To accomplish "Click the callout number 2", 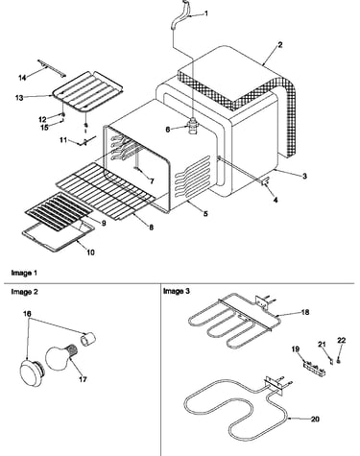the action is click(x=279, y=45).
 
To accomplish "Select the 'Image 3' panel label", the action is click(x=177, y=291).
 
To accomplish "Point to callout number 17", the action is click(x=83, y=379).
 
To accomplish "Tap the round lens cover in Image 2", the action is click(x=32, y=372).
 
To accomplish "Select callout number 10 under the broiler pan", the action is click(x=90, y=252).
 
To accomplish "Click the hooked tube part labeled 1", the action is click(x=180, y=15).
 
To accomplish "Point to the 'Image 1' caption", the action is click(x=24, y=273).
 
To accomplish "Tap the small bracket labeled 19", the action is click(x=315, y=368).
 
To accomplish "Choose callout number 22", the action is click(x=342, y=340).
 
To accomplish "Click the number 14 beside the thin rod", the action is click(x=22, y=78).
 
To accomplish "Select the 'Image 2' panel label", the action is click(x=24, y=292).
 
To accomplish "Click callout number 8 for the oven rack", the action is click(x=151, y=227).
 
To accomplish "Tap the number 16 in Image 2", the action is click(x=27, y=314).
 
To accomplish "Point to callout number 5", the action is click(x=205, y=213).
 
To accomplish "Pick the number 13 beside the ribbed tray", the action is click(x=19, y=97).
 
